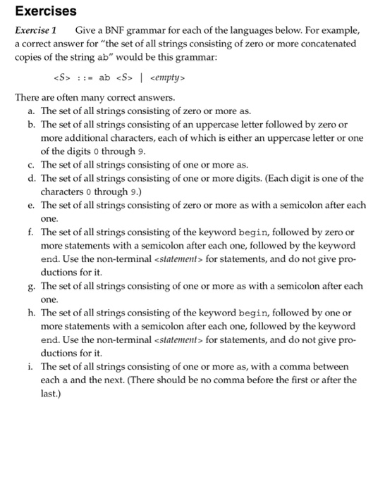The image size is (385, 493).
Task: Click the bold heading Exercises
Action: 46,12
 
